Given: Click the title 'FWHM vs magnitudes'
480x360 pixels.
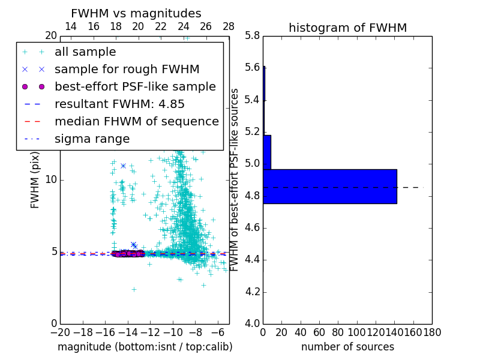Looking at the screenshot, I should (x=136, y=13).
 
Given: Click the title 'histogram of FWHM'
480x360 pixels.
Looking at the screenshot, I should (x=347, y=28).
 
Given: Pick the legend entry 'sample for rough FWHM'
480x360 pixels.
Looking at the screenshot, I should (x=127, y=69).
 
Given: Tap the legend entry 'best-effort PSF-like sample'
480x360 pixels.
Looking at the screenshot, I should (x=135, y=86).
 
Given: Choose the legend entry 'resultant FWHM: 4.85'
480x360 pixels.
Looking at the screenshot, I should (x=119, y=104).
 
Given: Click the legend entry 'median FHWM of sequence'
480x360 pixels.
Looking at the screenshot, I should (x=136, y=121).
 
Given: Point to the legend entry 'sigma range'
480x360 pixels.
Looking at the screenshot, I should (x=92, y=139).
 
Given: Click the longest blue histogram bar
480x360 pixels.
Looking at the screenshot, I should (x=329, y=187).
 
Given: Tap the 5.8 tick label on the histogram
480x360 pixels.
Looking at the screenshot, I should (x=252, y=35).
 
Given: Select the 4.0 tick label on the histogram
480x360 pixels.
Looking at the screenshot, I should (x=252, y=323).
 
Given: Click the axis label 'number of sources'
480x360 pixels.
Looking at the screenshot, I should (x=347, y=347).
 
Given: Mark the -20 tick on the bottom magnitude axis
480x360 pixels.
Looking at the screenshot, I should (x=60, y=332).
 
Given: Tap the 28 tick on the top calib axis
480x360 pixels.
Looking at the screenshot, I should (x=229, y=27).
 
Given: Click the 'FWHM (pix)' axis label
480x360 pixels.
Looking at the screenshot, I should (x=35, y=179).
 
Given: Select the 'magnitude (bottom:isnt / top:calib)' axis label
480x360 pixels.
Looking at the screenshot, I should (x=145, y=347).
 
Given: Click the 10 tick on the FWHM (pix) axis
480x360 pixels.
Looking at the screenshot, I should (x=50, y=179).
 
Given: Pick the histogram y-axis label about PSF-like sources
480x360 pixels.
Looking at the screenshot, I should (x=235, y=179).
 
